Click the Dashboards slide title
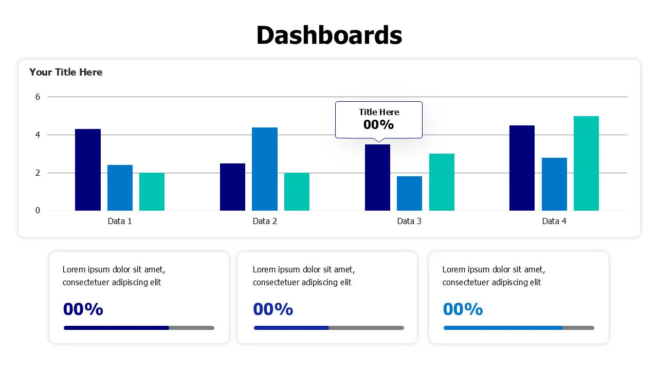click(329, 35)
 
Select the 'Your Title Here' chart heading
click(66, 72)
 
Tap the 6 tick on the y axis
click(38, 97)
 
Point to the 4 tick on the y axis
click(38, 135)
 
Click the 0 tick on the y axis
click(38, 210)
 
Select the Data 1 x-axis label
click(120, 221)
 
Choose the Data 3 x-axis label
click(409, 221)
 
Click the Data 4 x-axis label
click(554, 221)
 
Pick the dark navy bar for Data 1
click(88, 170)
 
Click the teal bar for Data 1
click(152, 192)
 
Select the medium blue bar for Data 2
click(265, 169)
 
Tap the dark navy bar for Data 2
click(232, 187)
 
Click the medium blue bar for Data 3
click(409, 193)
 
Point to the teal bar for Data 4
click(586, 163)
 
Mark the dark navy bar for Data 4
click(522, 168)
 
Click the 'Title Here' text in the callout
click(379, 112)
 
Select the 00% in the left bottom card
click(83, 309)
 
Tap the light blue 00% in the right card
click(463, 309)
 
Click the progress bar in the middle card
click(329, 328)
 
